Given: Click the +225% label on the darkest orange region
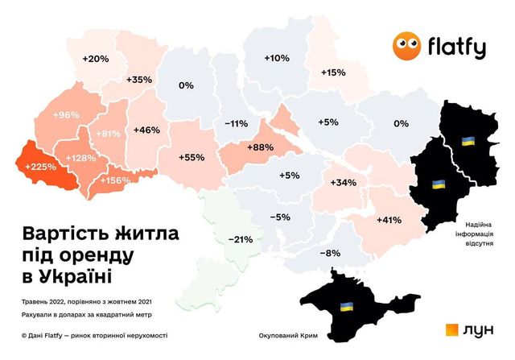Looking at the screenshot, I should pos(40,168).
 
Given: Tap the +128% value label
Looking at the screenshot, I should pos(80,158).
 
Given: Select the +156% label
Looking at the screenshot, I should pos(114,180).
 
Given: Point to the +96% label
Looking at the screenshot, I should pos(66,115).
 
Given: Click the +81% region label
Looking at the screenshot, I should pos(109,134).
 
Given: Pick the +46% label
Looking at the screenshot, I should pos(146,130).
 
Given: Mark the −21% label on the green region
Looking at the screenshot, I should pos(241,239).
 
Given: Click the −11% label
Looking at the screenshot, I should pos(235,123).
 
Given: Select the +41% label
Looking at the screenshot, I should pos(389,219).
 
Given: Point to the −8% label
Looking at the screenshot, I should pos(330,254).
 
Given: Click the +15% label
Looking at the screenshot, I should pos(333,72).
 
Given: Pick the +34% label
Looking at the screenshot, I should pos(343,182).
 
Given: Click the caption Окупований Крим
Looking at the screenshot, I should pos(291,335).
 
